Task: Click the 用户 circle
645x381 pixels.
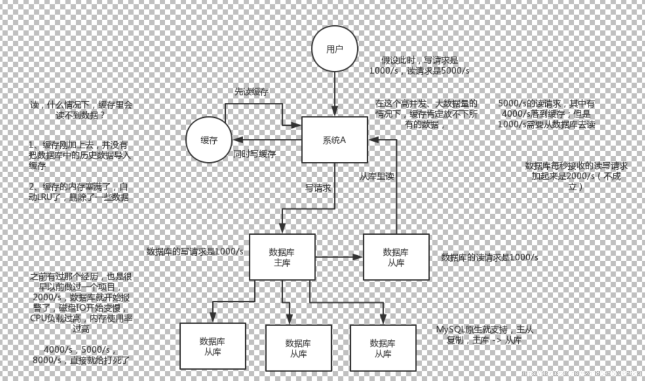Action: pyautogui.click(x=334, y=49)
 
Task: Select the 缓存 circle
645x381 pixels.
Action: pyautogui.click(x=209, y=140)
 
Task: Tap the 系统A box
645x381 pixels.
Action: pyautogui.click(x=334, y=140)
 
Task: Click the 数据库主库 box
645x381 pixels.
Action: pyautogui.click(x=282, y=257)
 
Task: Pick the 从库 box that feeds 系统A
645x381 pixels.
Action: pyautogui.click(x=396, y=257)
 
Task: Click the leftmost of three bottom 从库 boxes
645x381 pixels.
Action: pyautogui.click(x=213, y=346)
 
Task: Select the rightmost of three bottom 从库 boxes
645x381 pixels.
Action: pyautogui.click(x=383, y=348)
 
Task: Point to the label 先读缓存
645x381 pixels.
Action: pyautogui.click(x=251, y=92)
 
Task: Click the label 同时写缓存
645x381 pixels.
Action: pyautogui.click(x=254, y=154)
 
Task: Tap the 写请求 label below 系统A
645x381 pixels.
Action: pyautogui.click(x=318, y=188)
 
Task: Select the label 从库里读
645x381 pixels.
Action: pyautogui.click(x=377, y=176)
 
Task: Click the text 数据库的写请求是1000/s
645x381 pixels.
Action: pyautogui.click(x=195, y=251)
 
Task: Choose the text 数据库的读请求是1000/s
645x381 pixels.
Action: pyautogui.click(x=489, y=257)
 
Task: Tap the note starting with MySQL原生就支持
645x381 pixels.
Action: pyautogui.click(x=484, y=334)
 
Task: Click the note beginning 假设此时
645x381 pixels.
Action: pyautogui.click(x=419, y=65)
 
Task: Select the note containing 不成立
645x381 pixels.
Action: pyautogui.click(x=576, y=176)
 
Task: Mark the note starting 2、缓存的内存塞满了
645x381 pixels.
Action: pyautogui.click(x=78, y=192)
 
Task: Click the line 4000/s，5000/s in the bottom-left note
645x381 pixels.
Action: pyautogui.click(x=79, y=350)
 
